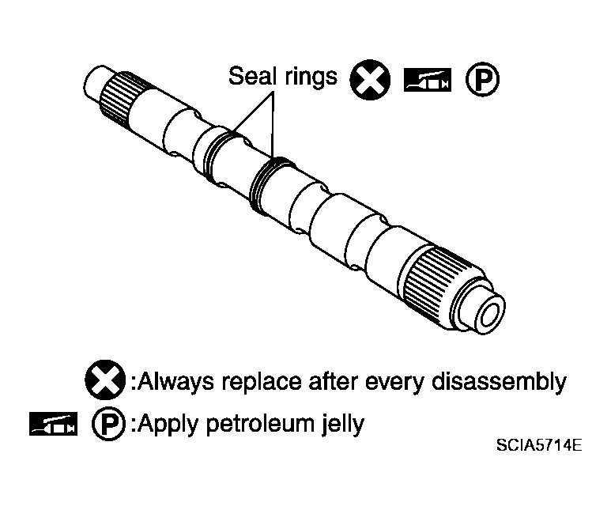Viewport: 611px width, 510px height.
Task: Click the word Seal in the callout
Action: (251, 75)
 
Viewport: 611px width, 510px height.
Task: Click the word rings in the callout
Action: (310, 77)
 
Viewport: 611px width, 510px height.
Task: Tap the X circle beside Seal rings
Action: (370, 80)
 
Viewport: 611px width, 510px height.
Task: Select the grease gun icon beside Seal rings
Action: (428, 80)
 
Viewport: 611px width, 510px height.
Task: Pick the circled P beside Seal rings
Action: (482, 79)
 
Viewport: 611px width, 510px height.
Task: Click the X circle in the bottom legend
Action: (105, 380)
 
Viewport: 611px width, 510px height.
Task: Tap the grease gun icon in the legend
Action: (53, 424)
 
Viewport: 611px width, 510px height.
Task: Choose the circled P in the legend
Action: (109, 424)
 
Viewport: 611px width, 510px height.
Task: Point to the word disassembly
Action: (499, 382)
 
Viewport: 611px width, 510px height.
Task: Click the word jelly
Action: (343, 425)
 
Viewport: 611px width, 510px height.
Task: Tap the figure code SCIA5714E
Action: (539, 445)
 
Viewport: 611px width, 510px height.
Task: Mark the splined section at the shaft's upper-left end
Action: (116, 99)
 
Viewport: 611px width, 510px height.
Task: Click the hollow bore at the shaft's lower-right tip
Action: (489, 314)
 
